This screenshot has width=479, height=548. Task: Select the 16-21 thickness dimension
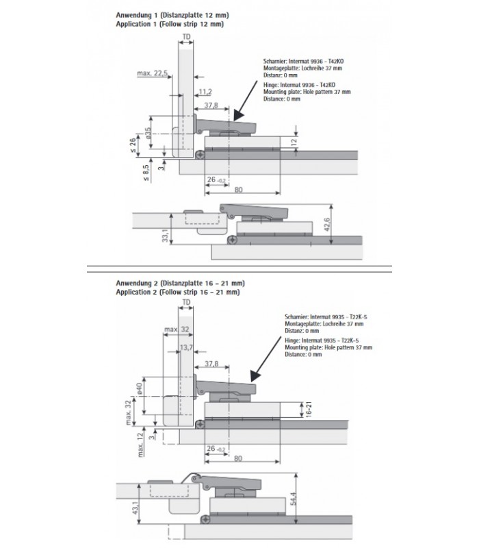309,410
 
